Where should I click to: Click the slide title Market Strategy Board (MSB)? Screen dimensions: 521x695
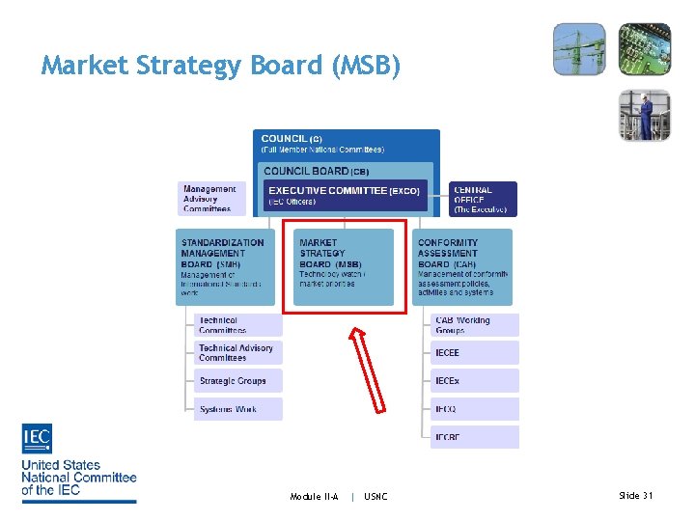coord(220,66)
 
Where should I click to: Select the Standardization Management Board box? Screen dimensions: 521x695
coord(228,265)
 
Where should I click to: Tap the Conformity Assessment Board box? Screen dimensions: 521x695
coord(461,265)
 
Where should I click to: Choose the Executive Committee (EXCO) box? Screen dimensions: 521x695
coord(346,196)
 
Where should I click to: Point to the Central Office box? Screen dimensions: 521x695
coord(483,199)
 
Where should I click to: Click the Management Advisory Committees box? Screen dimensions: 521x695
coord(210,198)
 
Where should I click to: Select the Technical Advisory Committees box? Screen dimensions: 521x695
coord(237,352)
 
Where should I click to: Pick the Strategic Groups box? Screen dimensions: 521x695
coord(237,380)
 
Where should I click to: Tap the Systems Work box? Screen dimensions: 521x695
coord(237,409)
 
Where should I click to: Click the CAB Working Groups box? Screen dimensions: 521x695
coord(474,325)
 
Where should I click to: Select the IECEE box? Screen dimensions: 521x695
coord(474,353)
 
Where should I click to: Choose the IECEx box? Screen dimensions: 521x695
coord(474,381)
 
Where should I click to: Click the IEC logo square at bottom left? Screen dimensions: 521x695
coord(37,439)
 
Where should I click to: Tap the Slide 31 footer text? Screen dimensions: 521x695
coord(635,495)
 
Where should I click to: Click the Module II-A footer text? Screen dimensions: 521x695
coord(315,496)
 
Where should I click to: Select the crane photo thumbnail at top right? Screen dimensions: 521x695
coord(579,48)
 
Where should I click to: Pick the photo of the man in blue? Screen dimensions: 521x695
coord(644,115)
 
